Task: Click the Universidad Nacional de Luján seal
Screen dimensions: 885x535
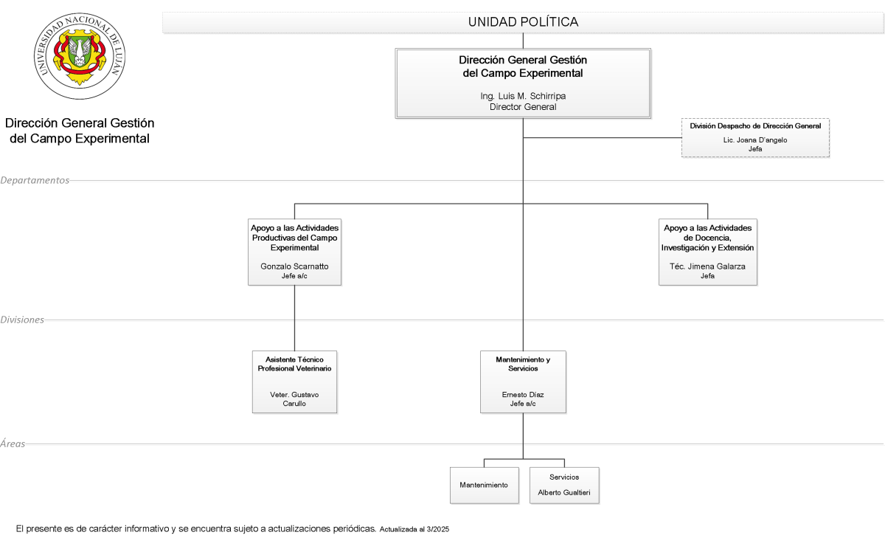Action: pyautogui.click(x=80, y=56)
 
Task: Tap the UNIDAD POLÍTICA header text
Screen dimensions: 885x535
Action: pyautogui.click(x=523, y=22)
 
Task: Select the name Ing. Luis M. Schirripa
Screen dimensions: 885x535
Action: pyautogui.click(x=523, y=96)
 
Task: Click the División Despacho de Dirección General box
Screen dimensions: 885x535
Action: pyautogui.click(x=755, y=137)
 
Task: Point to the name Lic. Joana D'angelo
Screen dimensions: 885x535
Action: pyautogui.click(x=755, y=140)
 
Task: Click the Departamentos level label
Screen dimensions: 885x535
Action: pyautogui.click(x=35, y=180)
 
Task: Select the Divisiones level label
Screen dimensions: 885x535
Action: pyautogui.click(x=22, y=320)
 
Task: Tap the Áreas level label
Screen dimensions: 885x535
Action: pyautogui.click(x=13, y=443)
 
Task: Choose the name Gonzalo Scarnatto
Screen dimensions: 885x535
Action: pyautogui.click(x=294, y=266)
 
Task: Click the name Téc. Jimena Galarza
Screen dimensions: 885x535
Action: pyautogui.click(x=707, y=266)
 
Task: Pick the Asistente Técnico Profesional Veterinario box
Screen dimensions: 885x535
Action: pyautogui.click(x=294, y=382)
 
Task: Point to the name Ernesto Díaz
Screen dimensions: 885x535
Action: pyautogui.click(x=523, y=395)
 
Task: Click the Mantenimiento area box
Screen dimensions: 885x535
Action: pyautogui.click(x=484, y=485)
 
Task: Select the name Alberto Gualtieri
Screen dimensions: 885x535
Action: pyautogui.click(x=563, y=493)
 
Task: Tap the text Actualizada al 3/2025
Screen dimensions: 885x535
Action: pyautogui.click(x=414, y=529)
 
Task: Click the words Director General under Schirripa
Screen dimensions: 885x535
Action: pyautogui.click(x=523, y=107)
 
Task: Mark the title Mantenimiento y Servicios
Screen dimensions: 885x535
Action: pyautogui.click(x=523, y=364)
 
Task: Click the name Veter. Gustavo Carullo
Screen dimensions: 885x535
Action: pyautogui.click(x=294, y=399)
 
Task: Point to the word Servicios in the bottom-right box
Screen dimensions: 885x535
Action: pyautogui.click(x=563, y=477)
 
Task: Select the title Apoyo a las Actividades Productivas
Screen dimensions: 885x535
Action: pyautogui.click(x=294, y=238)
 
